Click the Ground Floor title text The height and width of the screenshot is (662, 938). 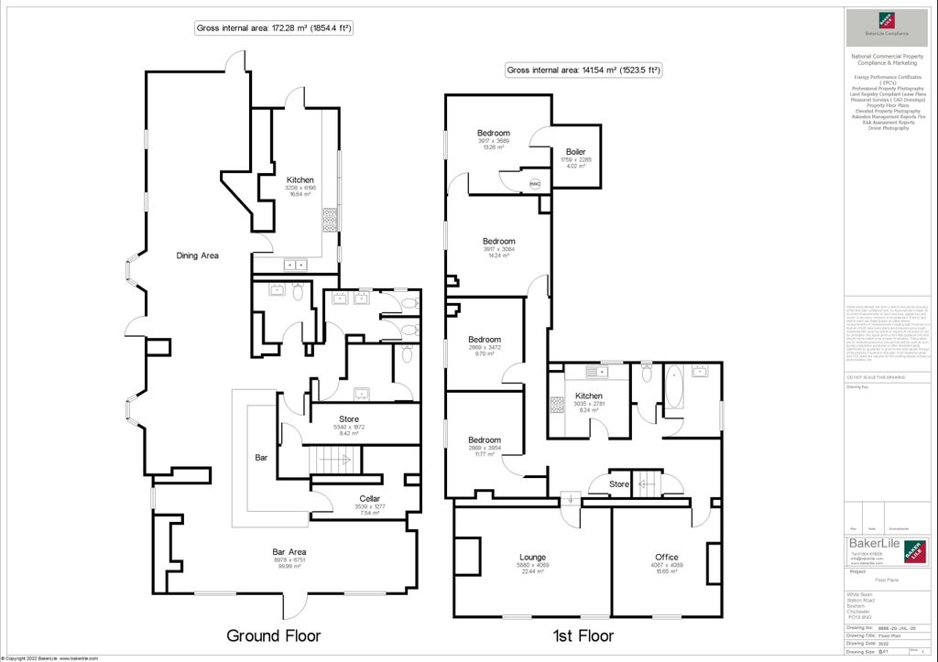click(274, 635)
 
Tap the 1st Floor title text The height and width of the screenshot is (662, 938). click(582, 635)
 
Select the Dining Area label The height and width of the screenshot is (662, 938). click(197, 255)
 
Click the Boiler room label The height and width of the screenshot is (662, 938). click(575, 152)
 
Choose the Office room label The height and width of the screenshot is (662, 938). click(666, 557)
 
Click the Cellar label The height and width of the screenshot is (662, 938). click(369, 499)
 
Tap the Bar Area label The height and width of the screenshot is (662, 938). click(288, 551)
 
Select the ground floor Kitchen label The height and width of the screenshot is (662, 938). click(300, 180)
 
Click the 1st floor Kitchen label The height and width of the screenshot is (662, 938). click(589, 396)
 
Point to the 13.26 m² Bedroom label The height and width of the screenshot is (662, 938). click(493, 134)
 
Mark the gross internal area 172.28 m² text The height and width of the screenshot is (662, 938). click(275, 28)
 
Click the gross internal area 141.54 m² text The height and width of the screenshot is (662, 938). click(584, 71)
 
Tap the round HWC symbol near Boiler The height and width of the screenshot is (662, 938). click(536, 183)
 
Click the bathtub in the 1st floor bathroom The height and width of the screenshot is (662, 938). click(675, 387)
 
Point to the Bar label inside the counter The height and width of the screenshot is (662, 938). click(261, 455)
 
